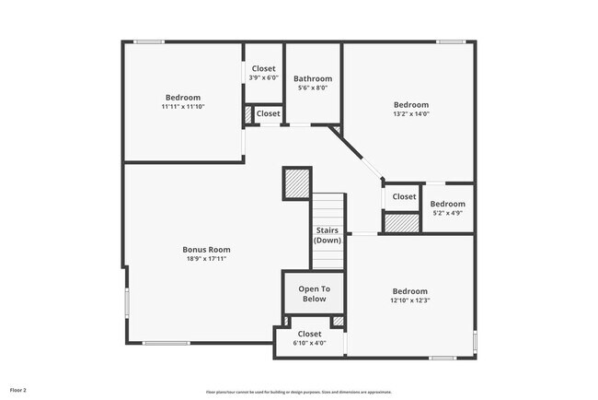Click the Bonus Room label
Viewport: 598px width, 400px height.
(x=206, y=249)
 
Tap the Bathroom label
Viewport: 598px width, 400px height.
(x=313, y=79)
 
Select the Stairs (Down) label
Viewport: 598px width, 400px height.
(x=328, y=235)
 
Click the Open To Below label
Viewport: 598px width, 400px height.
(x=313, y=294)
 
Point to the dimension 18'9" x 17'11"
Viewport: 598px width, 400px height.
(x=206, y=259)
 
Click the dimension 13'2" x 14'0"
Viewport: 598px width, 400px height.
(x=410, y=115)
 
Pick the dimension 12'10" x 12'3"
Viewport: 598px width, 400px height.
(x=410, y=300)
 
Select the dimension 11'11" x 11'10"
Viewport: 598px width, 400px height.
(x=183, y=107)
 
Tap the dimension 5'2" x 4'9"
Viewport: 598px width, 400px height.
(x=448, y=214)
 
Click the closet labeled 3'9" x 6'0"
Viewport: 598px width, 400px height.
(x=263, y=77)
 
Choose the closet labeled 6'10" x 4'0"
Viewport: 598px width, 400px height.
(x=309, y=343)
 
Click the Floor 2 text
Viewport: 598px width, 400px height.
(x=19, y=391)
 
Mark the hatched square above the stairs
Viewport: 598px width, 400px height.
(x=297, y=183)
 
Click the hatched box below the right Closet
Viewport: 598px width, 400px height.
(x=401, y=222)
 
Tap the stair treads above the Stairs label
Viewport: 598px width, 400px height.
(x=328, y=207)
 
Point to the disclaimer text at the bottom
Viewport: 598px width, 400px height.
(x=298, y=392)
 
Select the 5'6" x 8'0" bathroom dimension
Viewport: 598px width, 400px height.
(x=313, y=88)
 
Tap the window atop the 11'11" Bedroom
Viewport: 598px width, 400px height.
(x=149, y=41)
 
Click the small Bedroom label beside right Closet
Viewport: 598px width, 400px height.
(x=448, y=204)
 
